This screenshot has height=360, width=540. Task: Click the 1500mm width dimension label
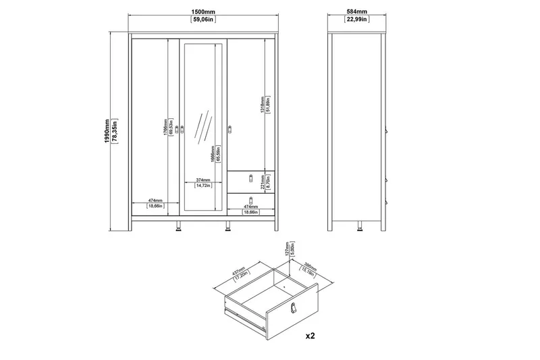pos(203,11)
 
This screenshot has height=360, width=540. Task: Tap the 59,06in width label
pos(203,20)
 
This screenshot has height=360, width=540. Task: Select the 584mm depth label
pos(358,11)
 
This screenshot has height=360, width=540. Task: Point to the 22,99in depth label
pos(358,20)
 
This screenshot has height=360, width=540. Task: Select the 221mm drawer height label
pos(263,178)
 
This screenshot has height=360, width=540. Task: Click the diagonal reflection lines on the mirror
pos(202,128)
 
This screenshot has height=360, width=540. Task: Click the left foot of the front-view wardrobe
pos(180,228)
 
